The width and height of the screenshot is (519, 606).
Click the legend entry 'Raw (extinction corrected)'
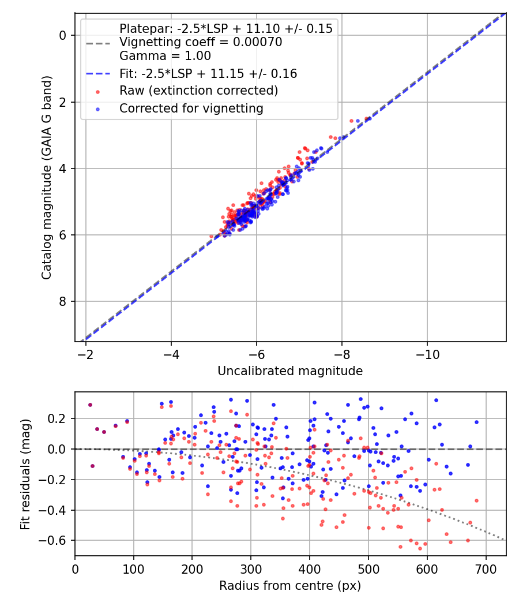199,91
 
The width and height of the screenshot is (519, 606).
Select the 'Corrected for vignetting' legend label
191,108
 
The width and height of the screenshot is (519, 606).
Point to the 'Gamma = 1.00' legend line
165,56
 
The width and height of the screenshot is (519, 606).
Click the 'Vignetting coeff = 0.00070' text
201,42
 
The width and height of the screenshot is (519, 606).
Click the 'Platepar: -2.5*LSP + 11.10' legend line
225,28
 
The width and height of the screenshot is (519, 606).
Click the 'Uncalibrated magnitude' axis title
290,371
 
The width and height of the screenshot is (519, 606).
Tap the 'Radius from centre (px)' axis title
290,586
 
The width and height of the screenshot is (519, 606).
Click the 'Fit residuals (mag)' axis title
25,474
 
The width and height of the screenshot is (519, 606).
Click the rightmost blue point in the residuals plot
476,422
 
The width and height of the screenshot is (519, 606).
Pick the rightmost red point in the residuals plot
476,500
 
